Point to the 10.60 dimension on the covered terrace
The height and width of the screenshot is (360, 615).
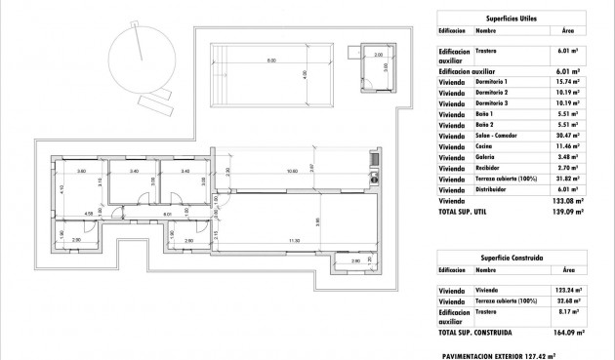[x=290, y=173]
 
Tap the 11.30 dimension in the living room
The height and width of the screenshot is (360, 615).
[x=294, y=242]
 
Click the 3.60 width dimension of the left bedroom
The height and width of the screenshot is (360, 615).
[x=82, y=172]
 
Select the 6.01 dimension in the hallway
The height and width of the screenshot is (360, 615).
[x=167, y=215]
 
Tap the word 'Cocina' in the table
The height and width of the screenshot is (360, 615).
[x=485, y=146]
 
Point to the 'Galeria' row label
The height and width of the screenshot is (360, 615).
[x=486, y=159]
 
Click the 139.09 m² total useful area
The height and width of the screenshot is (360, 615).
[x=566, y=211]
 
